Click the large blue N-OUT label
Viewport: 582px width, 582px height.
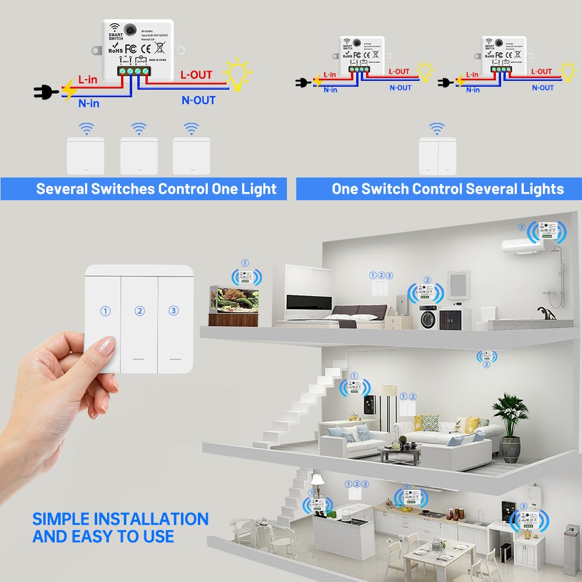tap(198, 100)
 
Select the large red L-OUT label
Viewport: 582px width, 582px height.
tap(196, 74)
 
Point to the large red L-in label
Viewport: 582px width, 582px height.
tap(88, 79)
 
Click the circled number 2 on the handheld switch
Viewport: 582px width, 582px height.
tap(140, 311)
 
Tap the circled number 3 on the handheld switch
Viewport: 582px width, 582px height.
tap(173, 311)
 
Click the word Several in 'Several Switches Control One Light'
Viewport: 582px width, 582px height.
tap(62, 189)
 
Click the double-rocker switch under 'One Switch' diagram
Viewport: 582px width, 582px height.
tap(437, 156)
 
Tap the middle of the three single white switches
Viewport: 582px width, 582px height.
tap(139, 155)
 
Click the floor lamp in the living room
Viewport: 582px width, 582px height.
tap(388, 407)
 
